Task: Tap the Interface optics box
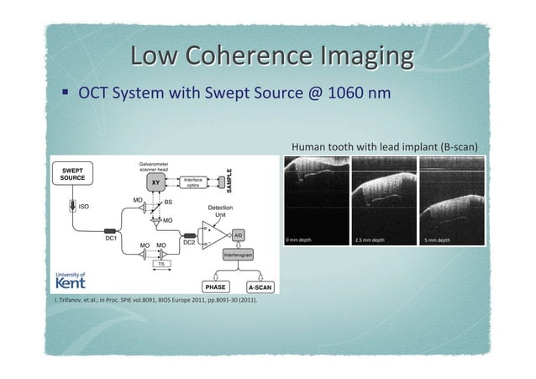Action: pos(192,182)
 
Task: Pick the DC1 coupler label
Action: pos(110,238)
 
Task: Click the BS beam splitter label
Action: pos(167,203)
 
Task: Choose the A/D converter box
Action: pos(238,234)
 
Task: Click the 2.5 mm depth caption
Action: pos(370,240)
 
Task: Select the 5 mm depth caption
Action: pos(438,240)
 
